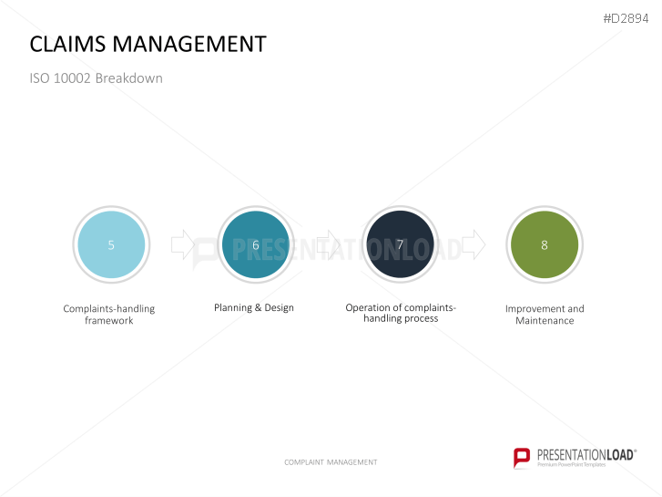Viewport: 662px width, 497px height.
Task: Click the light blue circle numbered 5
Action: [111, 244]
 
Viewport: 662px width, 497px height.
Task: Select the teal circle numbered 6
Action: [256, 244]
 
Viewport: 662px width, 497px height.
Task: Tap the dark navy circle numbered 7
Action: [401, 244]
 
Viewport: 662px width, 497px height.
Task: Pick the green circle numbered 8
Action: [545, 244]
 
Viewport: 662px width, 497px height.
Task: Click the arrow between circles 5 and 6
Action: [183, 244]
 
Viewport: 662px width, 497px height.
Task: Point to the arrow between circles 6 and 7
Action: [328, 244]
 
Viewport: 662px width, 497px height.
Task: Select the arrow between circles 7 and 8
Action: [474, 244]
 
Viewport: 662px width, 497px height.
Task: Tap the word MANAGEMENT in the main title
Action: [189, 44]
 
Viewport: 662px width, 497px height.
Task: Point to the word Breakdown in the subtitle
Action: [128, 78]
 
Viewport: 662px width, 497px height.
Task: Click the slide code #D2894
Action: [626, 18]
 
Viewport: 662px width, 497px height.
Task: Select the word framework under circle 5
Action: [109, 321]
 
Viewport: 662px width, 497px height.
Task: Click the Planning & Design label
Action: [254, 307]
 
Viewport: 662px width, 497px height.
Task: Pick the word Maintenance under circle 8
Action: [545, 321]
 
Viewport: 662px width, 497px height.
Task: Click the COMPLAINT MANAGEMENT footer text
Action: [331, 462]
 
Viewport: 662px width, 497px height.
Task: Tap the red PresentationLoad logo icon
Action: [522, 458]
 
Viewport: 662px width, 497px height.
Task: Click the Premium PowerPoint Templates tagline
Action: [571, 464]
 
